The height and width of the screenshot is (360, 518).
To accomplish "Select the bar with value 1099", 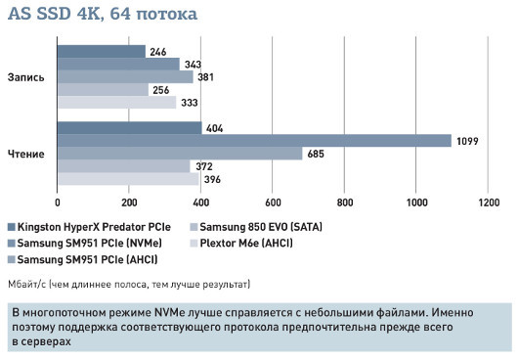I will [x=254, y=141].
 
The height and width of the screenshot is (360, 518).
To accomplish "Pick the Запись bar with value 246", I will [x=102, y=52].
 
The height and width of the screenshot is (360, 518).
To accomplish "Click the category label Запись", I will [x=25, y=77].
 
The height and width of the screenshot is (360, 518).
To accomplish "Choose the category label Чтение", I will [x=25, y=154].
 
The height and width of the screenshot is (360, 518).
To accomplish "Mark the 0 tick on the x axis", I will [x=58, y=203].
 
